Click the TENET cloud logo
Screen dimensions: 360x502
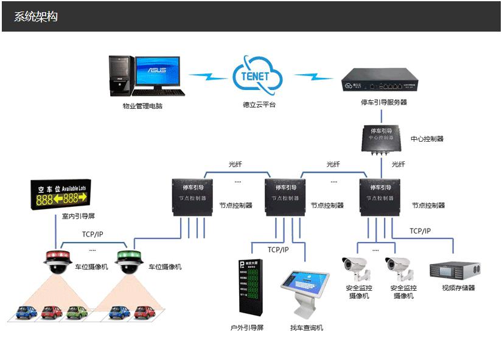257,75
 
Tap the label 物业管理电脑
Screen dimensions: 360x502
142,106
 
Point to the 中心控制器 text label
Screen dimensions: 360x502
427,139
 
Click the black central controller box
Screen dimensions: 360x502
381,137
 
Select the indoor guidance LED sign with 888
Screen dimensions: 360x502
61,194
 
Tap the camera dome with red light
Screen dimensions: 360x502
58,261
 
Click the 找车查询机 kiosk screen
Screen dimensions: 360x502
304,284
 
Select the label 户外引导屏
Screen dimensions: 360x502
247,328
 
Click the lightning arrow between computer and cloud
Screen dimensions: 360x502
208,77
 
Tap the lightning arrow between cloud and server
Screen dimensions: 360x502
314,77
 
